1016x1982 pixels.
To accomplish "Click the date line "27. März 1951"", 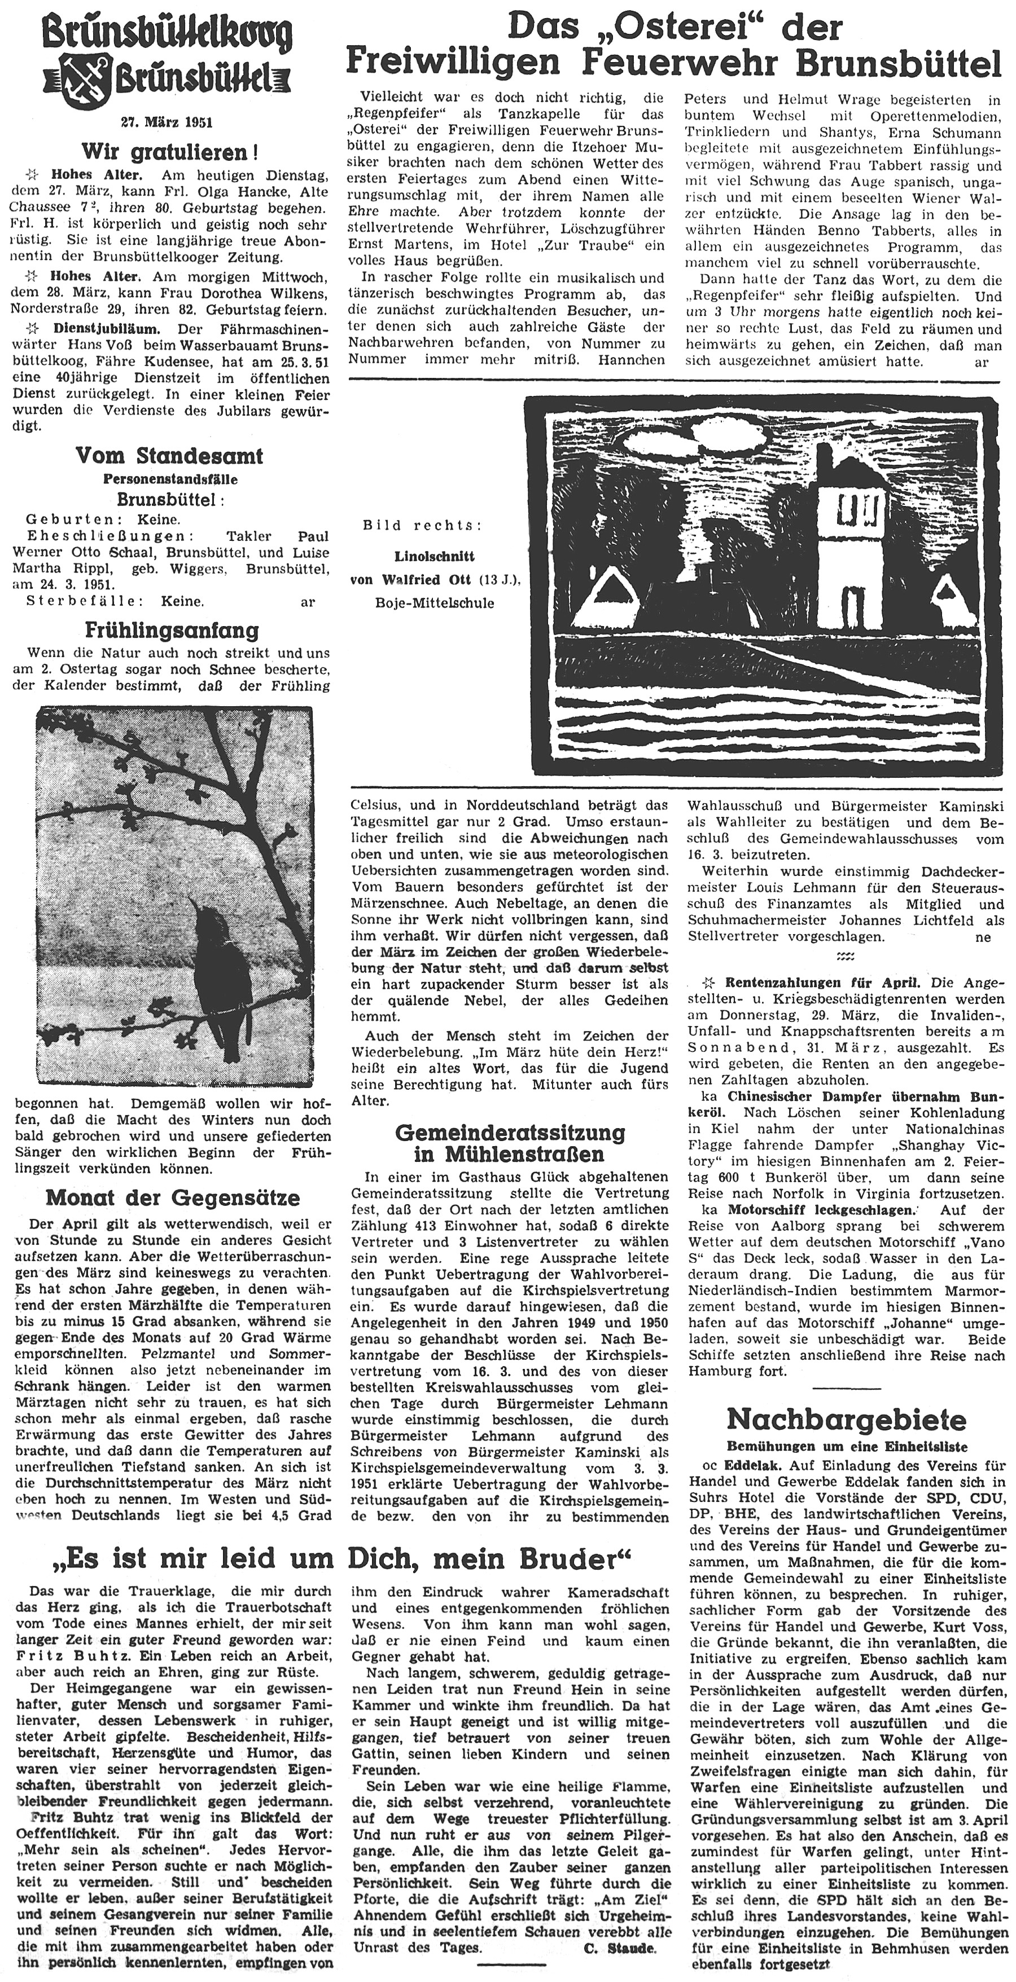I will tap(167, 122).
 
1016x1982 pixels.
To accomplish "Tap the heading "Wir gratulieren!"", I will tap(170, 150).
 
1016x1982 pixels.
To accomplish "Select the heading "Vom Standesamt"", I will tap(169, 456).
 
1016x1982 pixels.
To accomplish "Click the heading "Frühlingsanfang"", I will tap(171, 631).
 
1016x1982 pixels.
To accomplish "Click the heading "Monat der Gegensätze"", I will tap(172, 1197).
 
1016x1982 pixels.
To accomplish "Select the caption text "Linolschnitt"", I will tap(434, 556).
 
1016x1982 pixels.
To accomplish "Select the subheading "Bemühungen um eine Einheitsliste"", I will tap(847, 1447).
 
